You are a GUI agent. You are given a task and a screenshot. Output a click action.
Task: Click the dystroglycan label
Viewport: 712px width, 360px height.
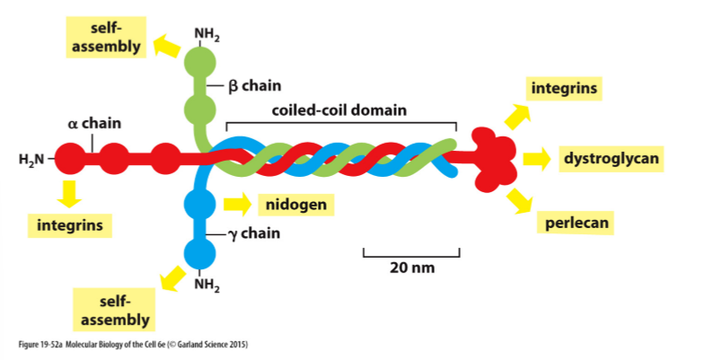[x=611, y=159]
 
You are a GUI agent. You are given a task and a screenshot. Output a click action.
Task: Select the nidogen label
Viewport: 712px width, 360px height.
[x=295, y=204]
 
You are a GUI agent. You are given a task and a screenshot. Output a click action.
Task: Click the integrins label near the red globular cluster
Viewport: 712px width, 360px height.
[x=564, y=89]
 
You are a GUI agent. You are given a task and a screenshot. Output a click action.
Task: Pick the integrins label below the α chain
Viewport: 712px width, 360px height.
[x=70, y=224]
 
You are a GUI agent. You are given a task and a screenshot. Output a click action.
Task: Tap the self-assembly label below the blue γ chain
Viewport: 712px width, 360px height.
[x=113, y=309]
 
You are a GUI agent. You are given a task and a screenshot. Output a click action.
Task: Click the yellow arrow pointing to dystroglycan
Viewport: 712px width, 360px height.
[x=536, y=159]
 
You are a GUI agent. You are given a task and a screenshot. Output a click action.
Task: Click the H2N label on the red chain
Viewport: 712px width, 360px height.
[x=31, y=160]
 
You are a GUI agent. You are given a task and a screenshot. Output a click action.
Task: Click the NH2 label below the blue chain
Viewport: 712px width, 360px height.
[x=206, y=286]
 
